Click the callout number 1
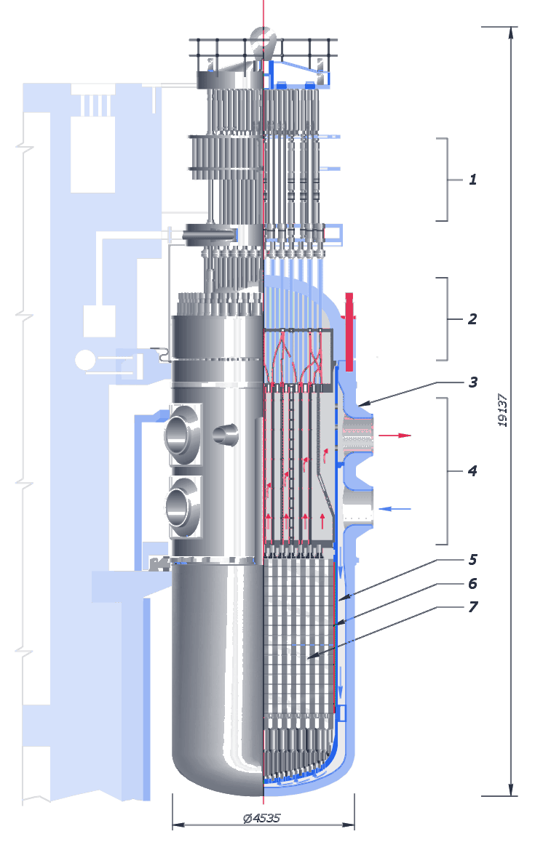(472, 180)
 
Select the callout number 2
(472, 318)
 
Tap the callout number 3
(473, 382)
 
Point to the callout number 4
(472, 470)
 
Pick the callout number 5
(473, 559)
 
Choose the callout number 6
(473, 583)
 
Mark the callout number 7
(473, 606)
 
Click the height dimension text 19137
(503, 410)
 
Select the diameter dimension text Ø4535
(261, 818)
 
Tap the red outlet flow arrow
(395, 436)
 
